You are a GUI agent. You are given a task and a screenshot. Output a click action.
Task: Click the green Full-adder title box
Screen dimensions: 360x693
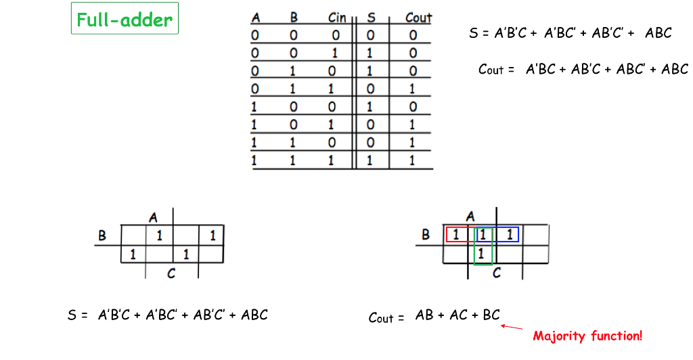tap(125, 19)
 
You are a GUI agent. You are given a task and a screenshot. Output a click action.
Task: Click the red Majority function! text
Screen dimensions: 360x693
tap(587, 335)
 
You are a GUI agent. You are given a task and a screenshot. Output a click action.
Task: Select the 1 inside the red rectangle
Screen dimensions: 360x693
tap(455, 235)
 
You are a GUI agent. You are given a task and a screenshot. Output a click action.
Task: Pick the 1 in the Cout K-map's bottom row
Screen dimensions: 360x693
tap(481, 254)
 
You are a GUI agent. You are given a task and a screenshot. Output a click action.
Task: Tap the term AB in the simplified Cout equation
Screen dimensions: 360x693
tap(424, 315)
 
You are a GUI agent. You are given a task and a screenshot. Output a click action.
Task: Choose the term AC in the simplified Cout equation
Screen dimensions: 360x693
tap(458, 315)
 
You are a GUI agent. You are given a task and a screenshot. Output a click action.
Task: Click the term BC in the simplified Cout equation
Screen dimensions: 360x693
tap(491, 315)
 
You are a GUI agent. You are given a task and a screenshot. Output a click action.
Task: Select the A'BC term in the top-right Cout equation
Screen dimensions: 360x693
tap(541, 69)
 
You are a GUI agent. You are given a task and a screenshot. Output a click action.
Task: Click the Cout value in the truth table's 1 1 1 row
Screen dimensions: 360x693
tap(413, 161)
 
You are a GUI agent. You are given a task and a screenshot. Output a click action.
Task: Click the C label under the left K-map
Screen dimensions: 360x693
tap(171, 273)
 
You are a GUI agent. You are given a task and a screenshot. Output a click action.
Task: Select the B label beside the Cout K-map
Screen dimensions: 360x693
tap(426, 235)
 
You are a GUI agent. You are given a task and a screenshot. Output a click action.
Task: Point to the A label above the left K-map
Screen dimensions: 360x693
tap(153, 217)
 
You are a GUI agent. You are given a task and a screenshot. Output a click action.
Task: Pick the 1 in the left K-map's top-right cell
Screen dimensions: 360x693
tap(212, 235)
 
